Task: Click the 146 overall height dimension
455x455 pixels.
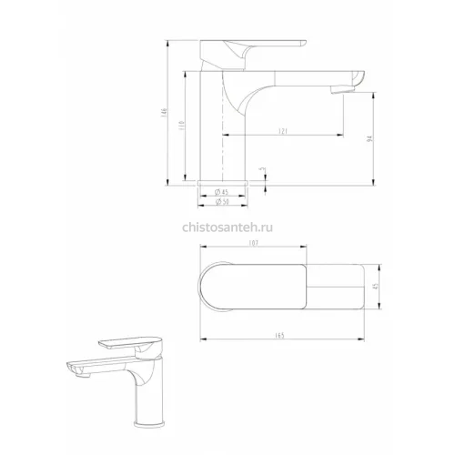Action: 165,112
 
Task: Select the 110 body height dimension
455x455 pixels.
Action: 182,125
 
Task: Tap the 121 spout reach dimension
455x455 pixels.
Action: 282,131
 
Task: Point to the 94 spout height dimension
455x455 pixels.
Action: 369,138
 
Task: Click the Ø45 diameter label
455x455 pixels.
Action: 221,192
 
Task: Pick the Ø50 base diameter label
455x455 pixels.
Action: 222,202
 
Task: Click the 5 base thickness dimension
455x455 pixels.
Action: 263,169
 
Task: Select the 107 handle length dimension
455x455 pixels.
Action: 253,243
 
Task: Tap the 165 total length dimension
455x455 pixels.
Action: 280,335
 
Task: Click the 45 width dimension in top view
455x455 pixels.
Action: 376,287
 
